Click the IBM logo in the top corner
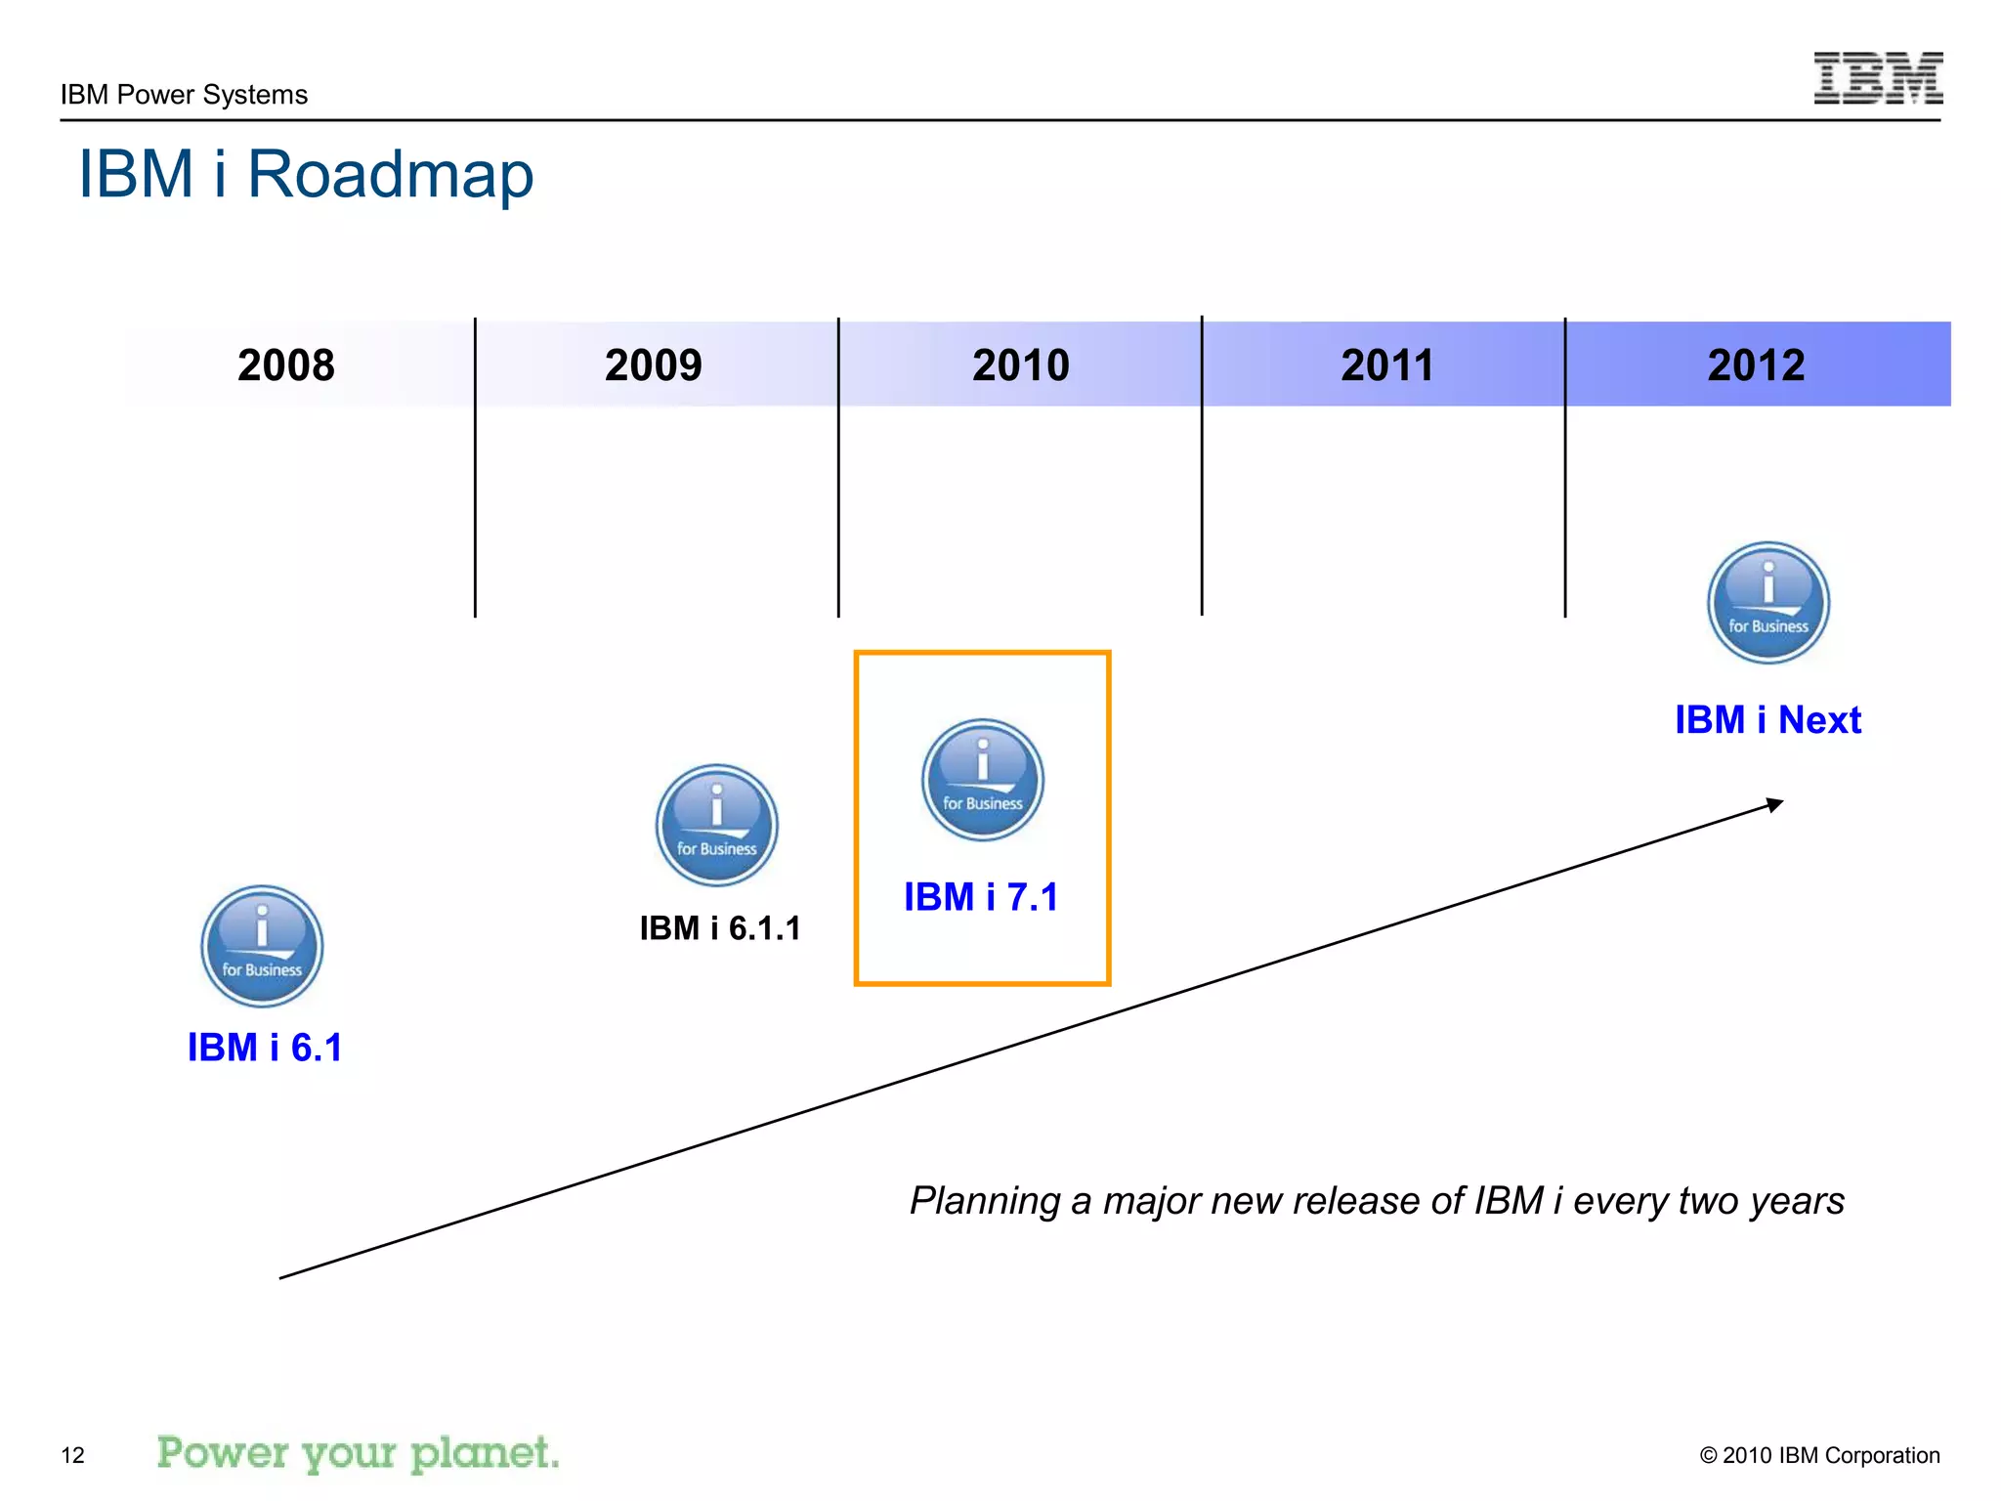1877,78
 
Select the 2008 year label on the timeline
285,365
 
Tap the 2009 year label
653,365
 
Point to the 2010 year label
1020,365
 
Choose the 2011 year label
1386,365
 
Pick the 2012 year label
1755,365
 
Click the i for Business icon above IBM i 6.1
262,946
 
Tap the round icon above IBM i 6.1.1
716,825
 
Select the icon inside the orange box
982,780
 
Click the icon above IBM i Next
1767,603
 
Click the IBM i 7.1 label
981,897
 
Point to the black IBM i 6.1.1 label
720,928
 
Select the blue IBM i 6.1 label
265,1048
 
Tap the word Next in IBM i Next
1819,720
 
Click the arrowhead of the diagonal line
1775,804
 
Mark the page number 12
72,1455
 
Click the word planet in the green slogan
485,1453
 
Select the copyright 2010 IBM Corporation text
1819,1455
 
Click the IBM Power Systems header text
184,95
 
